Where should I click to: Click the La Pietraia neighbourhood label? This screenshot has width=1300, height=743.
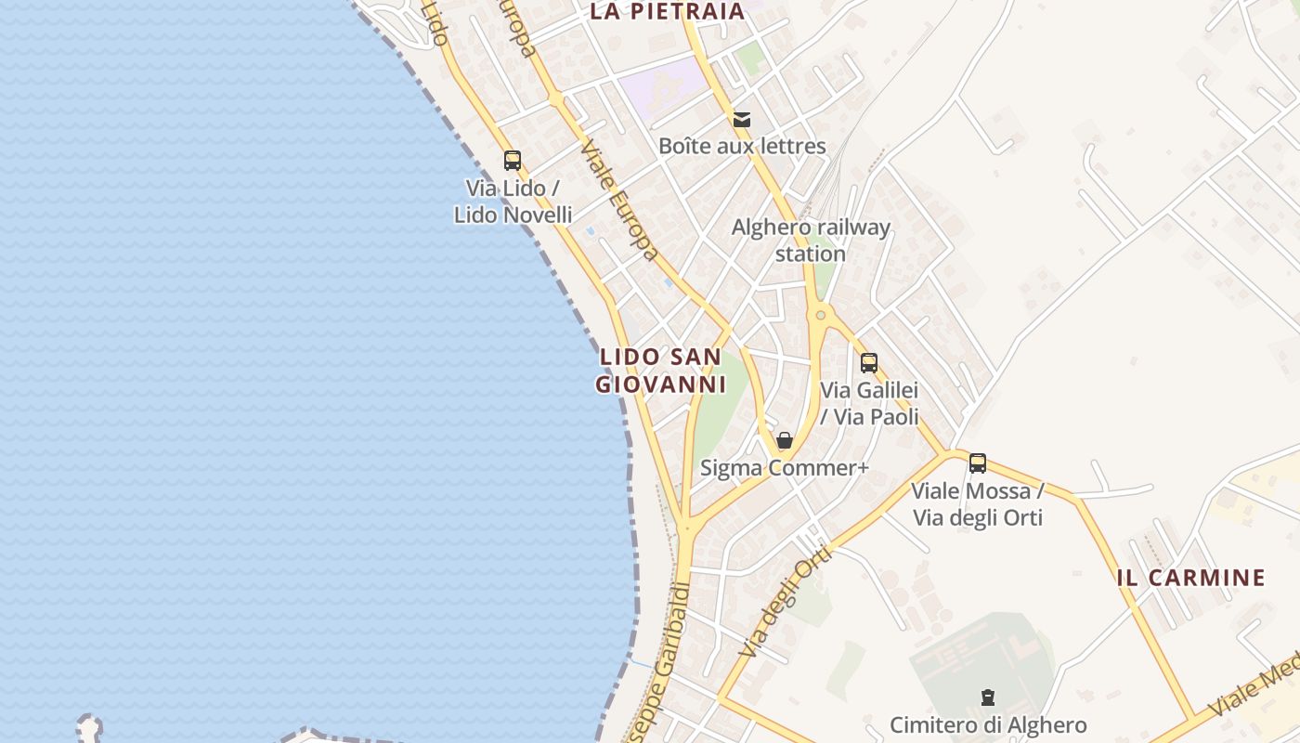pos(668,11)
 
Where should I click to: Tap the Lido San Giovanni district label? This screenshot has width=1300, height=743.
pos(660,371)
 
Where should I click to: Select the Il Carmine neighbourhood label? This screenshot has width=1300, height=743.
pos(1191,578)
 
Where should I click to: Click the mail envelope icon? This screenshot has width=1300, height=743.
pos(741,119)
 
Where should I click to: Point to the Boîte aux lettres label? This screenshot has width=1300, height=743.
pos(742,146)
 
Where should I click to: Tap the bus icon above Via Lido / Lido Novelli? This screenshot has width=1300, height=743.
pos(513,160)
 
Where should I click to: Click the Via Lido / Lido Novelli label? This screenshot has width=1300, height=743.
pos(513,202)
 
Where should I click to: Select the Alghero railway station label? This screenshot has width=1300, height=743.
pos(811,241)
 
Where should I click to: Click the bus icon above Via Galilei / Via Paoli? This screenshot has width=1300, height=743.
pos(869,362)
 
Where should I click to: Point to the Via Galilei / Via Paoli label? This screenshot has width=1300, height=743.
pos(870,403)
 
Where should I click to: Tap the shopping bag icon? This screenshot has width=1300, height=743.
pos(785,440)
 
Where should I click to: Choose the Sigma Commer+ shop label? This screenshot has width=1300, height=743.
pos(785,468)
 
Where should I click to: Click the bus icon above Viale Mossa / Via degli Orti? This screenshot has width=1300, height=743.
pos(978,463)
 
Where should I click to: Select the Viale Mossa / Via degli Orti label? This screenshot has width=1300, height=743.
pos(978,504)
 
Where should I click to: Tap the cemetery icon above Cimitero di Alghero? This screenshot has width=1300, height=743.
pos(988,697)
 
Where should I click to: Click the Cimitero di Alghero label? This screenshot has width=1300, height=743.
pos(988,725)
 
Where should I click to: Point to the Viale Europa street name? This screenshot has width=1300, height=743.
pos(620,201)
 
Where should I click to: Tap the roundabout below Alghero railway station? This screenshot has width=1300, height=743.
pos(820,316)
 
